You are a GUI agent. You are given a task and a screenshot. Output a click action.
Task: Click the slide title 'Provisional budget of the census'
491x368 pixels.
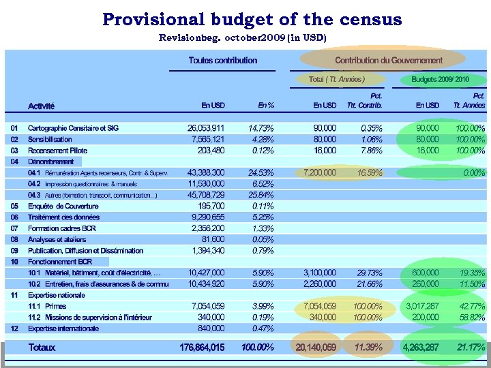252,19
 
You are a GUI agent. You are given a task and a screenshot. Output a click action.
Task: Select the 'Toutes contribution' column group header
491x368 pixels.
223,61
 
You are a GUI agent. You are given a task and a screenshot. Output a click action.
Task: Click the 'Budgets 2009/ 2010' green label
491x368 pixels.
440,80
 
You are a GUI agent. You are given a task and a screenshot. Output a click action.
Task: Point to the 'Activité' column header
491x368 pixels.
41,106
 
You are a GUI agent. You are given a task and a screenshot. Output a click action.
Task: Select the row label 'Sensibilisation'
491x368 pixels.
50,139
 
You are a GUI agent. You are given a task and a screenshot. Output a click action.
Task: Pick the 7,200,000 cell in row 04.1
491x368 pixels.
320,173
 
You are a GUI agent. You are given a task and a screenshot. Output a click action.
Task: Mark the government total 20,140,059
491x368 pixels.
316,348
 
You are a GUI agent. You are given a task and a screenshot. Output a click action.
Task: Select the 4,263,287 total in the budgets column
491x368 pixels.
421,348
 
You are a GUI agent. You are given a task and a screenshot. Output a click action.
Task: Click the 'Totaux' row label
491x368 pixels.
42,348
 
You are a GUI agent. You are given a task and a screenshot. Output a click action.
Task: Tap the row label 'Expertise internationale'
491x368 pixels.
63,328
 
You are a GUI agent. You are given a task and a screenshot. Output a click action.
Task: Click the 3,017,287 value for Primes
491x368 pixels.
422,307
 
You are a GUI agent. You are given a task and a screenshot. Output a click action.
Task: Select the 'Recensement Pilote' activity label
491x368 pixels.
57,151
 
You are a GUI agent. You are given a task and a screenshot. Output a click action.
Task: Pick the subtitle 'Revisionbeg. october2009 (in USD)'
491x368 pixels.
242,37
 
